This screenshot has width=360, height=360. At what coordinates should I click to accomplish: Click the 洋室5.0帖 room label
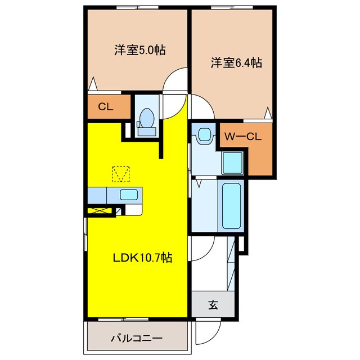140,49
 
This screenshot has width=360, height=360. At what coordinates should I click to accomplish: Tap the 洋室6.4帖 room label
236,62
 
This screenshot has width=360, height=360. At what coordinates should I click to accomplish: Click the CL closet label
104,106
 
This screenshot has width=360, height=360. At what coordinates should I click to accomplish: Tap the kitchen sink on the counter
129,195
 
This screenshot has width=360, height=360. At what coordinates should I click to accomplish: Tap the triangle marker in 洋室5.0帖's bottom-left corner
94,85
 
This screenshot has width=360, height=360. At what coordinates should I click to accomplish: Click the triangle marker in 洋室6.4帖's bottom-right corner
269,114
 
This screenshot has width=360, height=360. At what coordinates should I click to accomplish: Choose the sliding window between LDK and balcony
138,319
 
